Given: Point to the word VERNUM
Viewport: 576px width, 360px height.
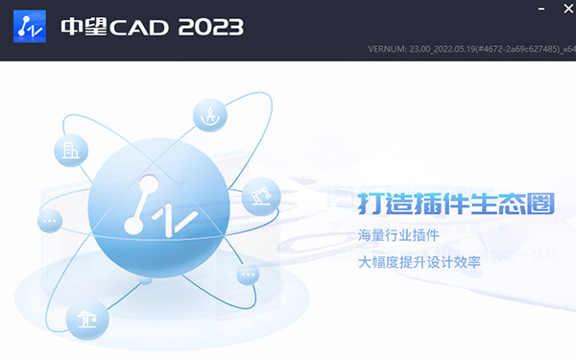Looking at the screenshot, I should (x=388, y=49).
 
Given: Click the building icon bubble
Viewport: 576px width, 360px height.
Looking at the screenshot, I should (x=75, y=151).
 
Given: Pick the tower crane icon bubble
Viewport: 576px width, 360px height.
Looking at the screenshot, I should (x=87, y=318).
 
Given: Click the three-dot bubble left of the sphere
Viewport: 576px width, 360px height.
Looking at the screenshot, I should (x=50, y=222).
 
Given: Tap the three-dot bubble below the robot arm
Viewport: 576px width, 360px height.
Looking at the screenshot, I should (x=249, y=276).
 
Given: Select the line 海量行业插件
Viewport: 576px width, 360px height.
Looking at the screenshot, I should (x=399, y=236).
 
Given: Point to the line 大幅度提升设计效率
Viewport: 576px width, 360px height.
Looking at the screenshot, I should (x=420, y=261).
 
